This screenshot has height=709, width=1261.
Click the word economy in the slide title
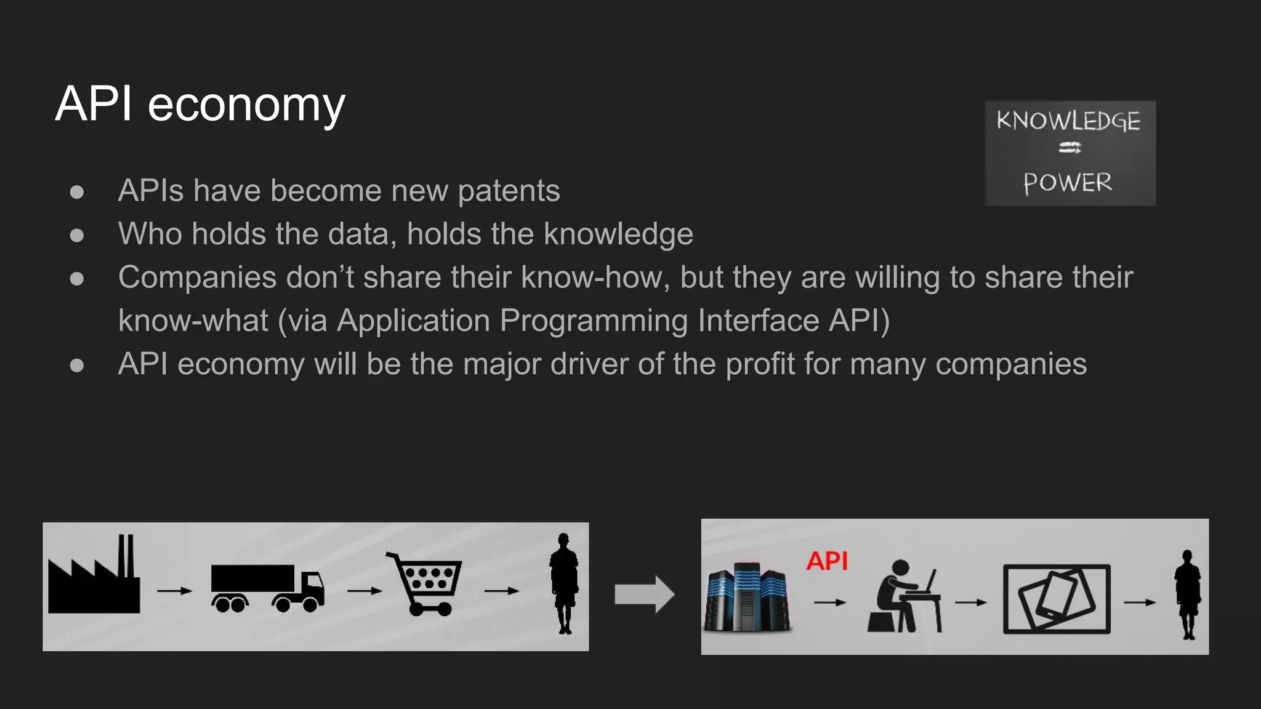(x=246, y=105)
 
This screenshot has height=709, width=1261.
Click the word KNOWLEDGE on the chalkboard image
(x=1068, y=121)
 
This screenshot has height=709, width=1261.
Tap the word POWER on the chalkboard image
(x=1068, y=183)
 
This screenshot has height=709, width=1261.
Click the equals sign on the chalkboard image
(x=1070, y=148)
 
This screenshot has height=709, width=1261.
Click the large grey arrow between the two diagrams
(x=644, y=594)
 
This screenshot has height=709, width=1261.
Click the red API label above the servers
(x=827, y=561)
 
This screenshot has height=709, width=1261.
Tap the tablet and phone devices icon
(x=1057, y=599)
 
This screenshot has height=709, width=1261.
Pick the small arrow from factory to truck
(x=174, y=591)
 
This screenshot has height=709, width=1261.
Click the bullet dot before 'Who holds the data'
(x=77, y=235)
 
